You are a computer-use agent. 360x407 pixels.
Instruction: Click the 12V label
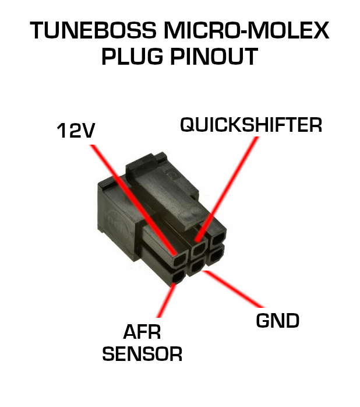pos(76,131)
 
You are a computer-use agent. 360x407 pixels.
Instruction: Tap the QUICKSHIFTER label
pos(250,125)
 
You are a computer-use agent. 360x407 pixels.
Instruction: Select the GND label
pos(278,320)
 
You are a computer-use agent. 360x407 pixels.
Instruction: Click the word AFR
pos(142,332)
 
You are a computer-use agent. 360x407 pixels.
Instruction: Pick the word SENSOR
pos(142,353)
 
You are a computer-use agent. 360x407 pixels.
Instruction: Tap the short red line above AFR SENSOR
pos(166,303)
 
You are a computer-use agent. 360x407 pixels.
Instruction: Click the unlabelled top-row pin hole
pos(217,238)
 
